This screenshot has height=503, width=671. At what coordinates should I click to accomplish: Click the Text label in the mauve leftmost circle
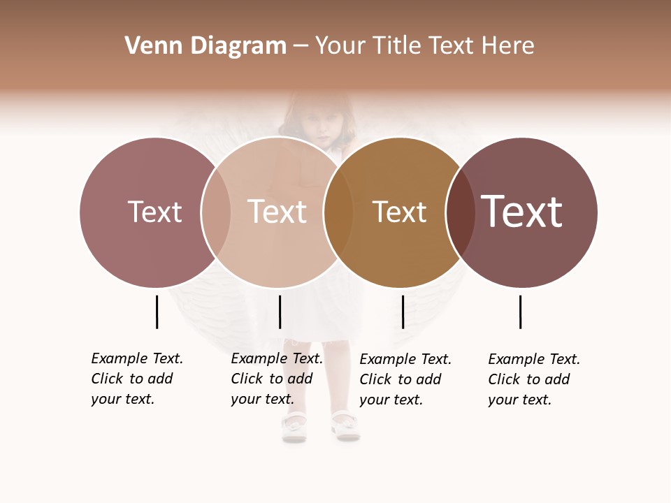coord(154,212)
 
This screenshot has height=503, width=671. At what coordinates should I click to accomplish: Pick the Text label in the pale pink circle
coord(277,212)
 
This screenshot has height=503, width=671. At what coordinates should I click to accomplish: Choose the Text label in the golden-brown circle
coord(399,212)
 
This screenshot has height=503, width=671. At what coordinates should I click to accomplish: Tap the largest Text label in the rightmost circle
coord(521,212)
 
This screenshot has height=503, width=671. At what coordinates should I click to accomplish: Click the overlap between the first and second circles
coord(216,212)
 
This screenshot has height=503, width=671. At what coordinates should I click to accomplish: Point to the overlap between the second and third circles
coord(338,212)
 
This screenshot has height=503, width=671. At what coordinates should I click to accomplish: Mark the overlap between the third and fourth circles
coord(460,212)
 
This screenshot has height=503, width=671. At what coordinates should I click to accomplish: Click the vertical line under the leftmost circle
coord(157,312)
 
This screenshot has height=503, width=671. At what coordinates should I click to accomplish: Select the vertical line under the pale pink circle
coord(280,312)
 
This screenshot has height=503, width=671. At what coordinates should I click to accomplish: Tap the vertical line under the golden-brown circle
coord(403,312)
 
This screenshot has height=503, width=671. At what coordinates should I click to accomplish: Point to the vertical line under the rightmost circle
coord(520,312)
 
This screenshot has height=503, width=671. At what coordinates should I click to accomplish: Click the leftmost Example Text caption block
coord(137,379)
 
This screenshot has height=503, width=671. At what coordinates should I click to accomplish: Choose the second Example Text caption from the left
coord(277,379)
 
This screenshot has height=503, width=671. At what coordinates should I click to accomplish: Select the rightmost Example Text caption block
coord(534,379)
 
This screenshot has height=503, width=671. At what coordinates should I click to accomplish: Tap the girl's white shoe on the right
coord(345,425)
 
